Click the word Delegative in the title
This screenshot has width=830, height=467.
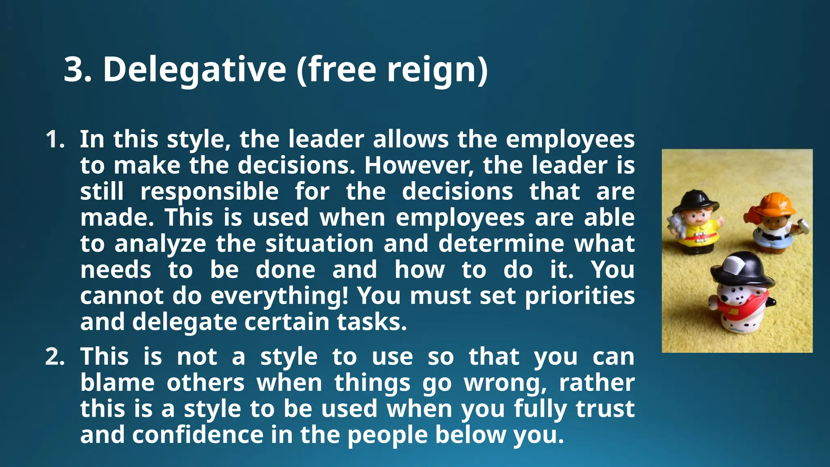(195, 70)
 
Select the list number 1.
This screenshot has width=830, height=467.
(55, 139)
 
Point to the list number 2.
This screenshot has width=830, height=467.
(55, 357)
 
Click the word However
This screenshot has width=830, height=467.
(419, 165)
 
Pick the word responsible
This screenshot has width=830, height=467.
(210, 191)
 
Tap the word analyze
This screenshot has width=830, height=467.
(160, 244)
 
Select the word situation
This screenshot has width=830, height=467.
(319, 244)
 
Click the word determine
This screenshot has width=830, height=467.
(501, 244)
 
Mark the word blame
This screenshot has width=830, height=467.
(117, 383)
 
